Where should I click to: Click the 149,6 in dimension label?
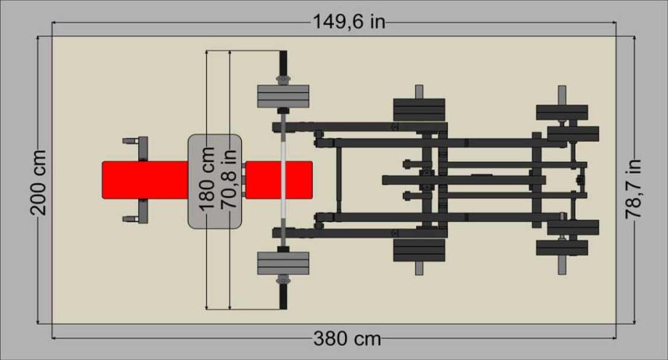pos(349,22)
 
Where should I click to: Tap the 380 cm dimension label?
pos(347,339)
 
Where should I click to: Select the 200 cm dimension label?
pos(38,182)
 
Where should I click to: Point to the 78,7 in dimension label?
pos(633,189)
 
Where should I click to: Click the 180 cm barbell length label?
pos(208,179)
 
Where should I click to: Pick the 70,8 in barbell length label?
pos(229,179)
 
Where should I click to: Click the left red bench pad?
pos(145,180)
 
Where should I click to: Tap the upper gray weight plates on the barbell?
pos(283,97)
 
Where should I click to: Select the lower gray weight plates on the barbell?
pos(283,263)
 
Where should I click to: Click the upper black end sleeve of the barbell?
pos(283,63)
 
